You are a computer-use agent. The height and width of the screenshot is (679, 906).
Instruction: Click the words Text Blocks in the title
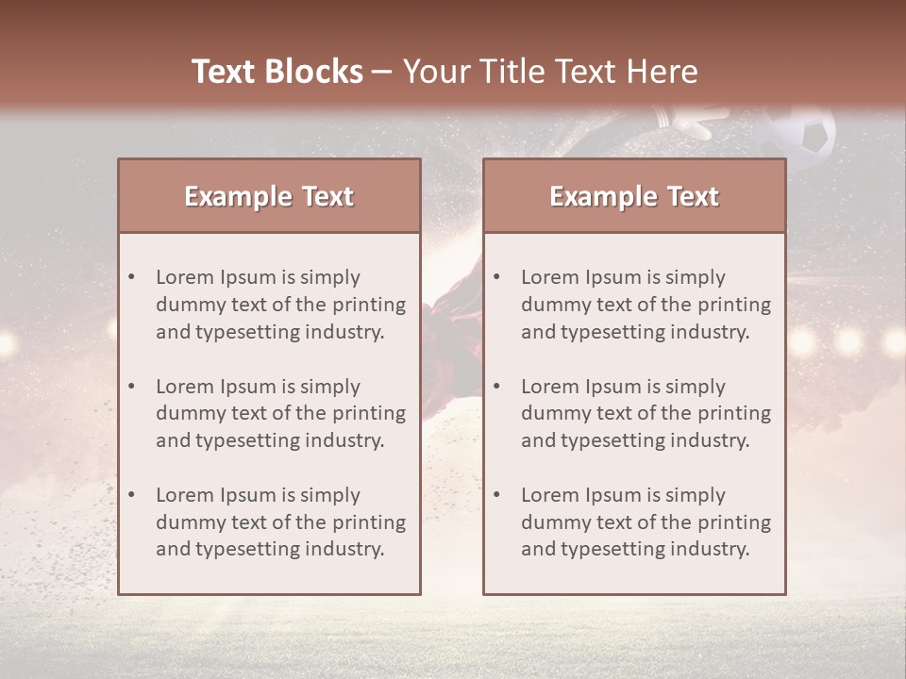coord(277,72)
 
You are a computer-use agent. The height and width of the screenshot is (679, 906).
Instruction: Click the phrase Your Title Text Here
coord(550,72)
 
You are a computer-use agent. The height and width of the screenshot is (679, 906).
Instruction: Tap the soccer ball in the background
coord(800,134)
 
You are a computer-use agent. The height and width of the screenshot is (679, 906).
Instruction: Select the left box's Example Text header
coord(269,196)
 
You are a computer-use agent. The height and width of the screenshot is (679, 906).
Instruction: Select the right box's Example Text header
coord(634,196)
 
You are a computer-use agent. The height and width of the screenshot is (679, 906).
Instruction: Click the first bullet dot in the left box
coord(131,277)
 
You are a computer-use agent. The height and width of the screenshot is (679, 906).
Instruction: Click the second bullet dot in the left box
coord(131,387)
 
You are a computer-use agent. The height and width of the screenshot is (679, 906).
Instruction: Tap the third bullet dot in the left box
coord(131,495)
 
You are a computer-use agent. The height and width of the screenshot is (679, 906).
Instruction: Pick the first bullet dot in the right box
coord(496,277)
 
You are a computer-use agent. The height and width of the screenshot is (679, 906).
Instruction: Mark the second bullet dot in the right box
coord(496,387)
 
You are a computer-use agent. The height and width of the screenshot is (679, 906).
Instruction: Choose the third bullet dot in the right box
coord(496,495)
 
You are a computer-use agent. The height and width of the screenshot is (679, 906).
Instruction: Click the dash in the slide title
coord(382,72)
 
